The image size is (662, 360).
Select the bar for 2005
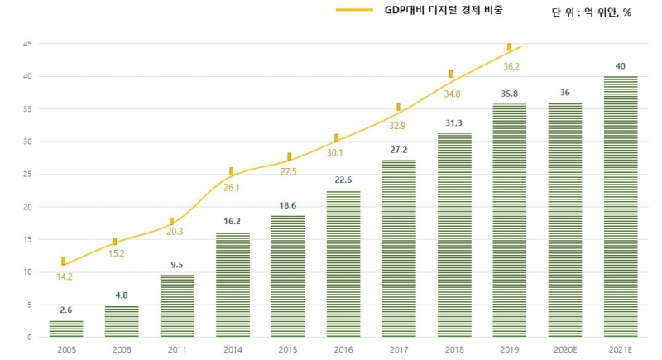tap(65, 329)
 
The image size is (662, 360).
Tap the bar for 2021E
tap(621, 207)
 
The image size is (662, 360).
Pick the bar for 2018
tap(454, 235)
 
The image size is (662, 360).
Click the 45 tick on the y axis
tap(27, 44)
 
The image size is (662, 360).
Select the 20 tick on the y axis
tap(27, 207)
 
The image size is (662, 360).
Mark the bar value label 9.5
tap(177, 266)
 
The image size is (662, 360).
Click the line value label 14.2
tap(66, 277)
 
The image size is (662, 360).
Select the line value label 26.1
tap(233, 188)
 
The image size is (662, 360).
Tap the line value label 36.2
tap(510, 66)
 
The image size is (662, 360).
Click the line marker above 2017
tap(399, 107)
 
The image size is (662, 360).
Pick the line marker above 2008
tap(115, 242)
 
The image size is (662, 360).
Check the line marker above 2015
tap(289, 156)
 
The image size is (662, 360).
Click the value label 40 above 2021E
tap(621, 66)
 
